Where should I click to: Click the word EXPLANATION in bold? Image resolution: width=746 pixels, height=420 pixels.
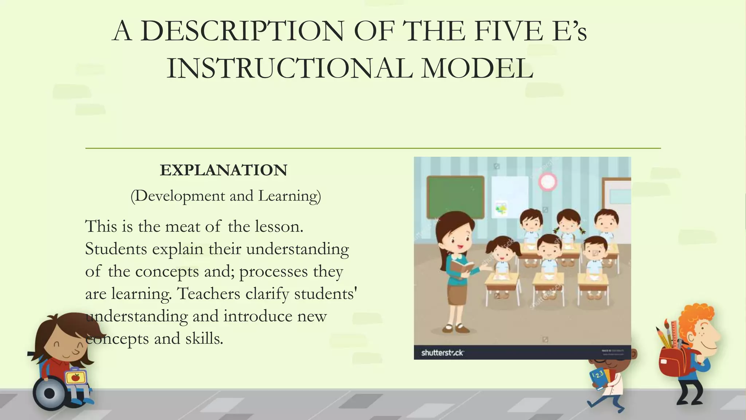click(x=223, y=170)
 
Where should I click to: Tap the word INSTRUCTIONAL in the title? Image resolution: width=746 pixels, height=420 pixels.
click(x=289, y=69)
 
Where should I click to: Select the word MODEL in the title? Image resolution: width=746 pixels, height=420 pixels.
click(x=477, y=69)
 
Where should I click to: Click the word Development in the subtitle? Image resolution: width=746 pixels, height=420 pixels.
click(x=180, y=196)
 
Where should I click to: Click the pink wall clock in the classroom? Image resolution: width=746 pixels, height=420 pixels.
click(x=547, y=182)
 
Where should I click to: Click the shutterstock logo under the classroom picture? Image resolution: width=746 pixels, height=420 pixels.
click(x=442, y=353)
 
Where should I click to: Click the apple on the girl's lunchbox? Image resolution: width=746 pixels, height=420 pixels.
click(x=75, y=377)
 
